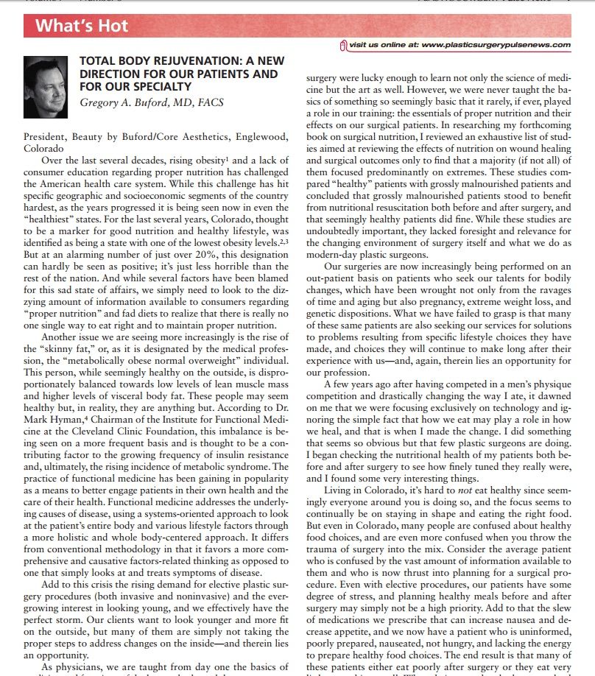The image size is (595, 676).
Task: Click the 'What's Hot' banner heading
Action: (x=82, y=27)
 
